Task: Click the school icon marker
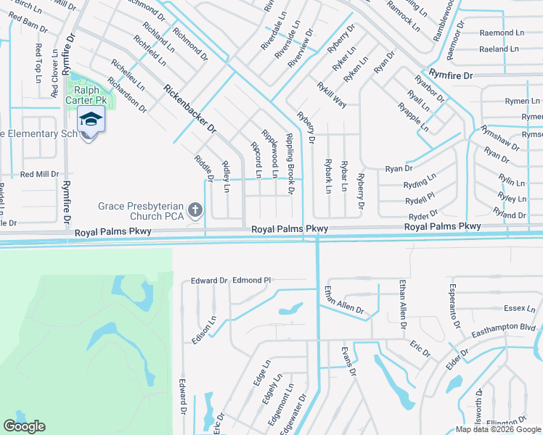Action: point(91,120)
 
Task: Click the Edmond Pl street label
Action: point(251,280)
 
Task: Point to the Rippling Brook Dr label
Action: point(290,164)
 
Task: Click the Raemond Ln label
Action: point(502,33)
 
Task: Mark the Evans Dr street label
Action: point(350,361)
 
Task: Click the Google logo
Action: point(25,426)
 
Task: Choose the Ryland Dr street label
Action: point(509,215)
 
